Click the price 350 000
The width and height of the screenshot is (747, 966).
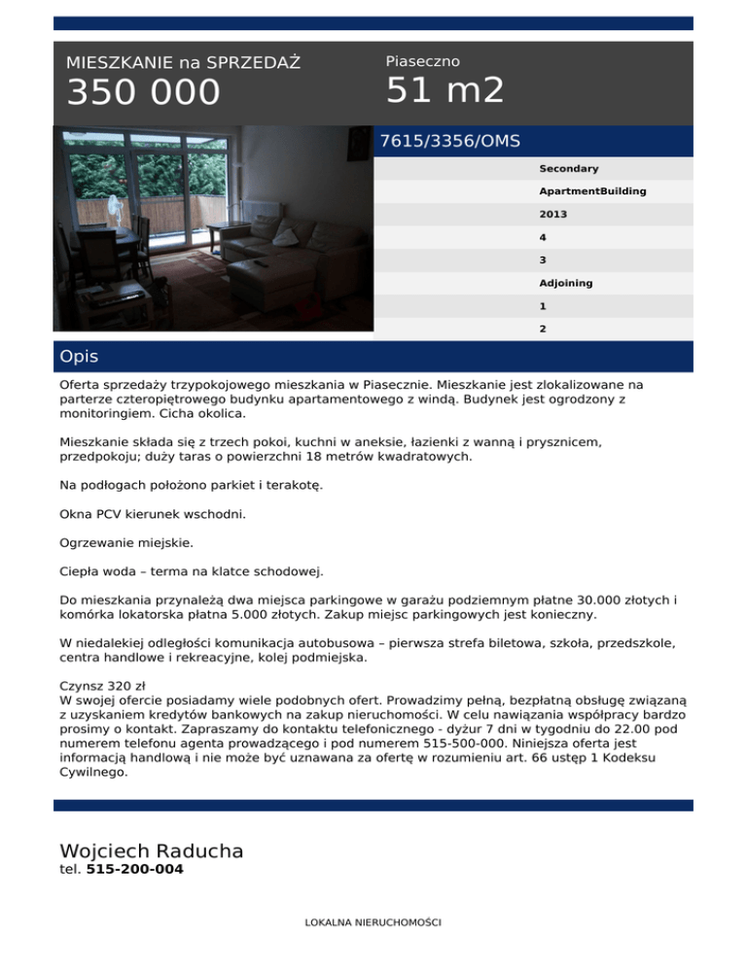point(144,93)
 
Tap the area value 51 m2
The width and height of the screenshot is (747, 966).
point(445,90)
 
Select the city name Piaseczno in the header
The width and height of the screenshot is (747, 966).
point(422,61)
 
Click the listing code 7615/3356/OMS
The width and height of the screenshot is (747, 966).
point(450,141)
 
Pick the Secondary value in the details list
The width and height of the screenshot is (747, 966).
point(569,169)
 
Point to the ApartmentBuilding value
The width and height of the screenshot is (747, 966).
point(592,191)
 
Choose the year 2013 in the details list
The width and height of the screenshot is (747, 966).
point(553,215)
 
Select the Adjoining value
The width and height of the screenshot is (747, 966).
point(566,284)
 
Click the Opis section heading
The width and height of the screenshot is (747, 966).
point(79,357)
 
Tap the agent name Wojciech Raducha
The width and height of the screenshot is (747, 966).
point(152,851)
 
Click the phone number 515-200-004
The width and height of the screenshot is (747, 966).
point(134,870)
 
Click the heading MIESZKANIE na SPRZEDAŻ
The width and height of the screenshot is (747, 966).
point(183,63)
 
